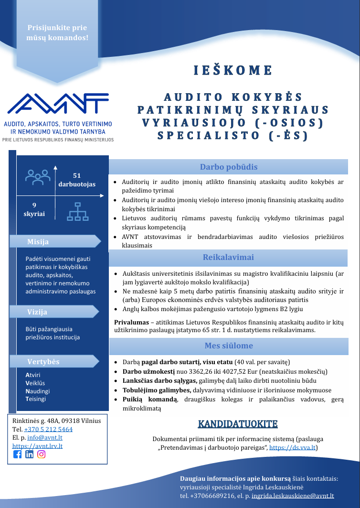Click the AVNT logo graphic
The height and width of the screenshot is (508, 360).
click(x=58, y=104)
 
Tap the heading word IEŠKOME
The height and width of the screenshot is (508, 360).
click(x=233, y=71)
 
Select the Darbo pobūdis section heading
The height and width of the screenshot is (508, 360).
click(x=229, y=167)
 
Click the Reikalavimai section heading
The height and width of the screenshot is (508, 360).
click(x=228, y=257)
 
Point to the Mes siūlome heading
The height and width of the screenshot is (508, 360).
click(x=229, y=346)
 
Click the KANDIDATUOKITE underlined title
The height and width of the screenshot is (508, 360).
click(x=238, y=424)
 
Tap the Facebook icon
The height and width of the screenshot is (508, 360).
click(x=18, y=454)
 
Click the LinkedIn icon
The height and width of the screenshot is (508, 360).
click(x=29, y=454)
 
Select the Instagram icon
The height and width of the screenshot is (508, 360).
click(x=41, y=454)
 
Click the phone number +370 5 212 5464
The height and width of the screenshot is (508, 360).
click(x=48, y=429)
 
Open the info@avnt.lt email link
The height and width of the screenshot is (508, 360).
click(x=45, y=438)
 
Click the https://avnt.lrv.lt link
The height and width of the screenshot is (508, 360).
click(x=37, y=446)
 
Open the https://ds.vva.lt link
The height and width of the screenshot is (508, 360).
click(x=292, y=448)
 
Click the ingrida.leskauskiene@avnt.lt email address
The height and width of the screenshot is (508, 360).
click(x=293, y=496)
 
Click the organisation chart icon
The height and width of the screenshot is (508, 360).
click(x=78, y=212)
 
